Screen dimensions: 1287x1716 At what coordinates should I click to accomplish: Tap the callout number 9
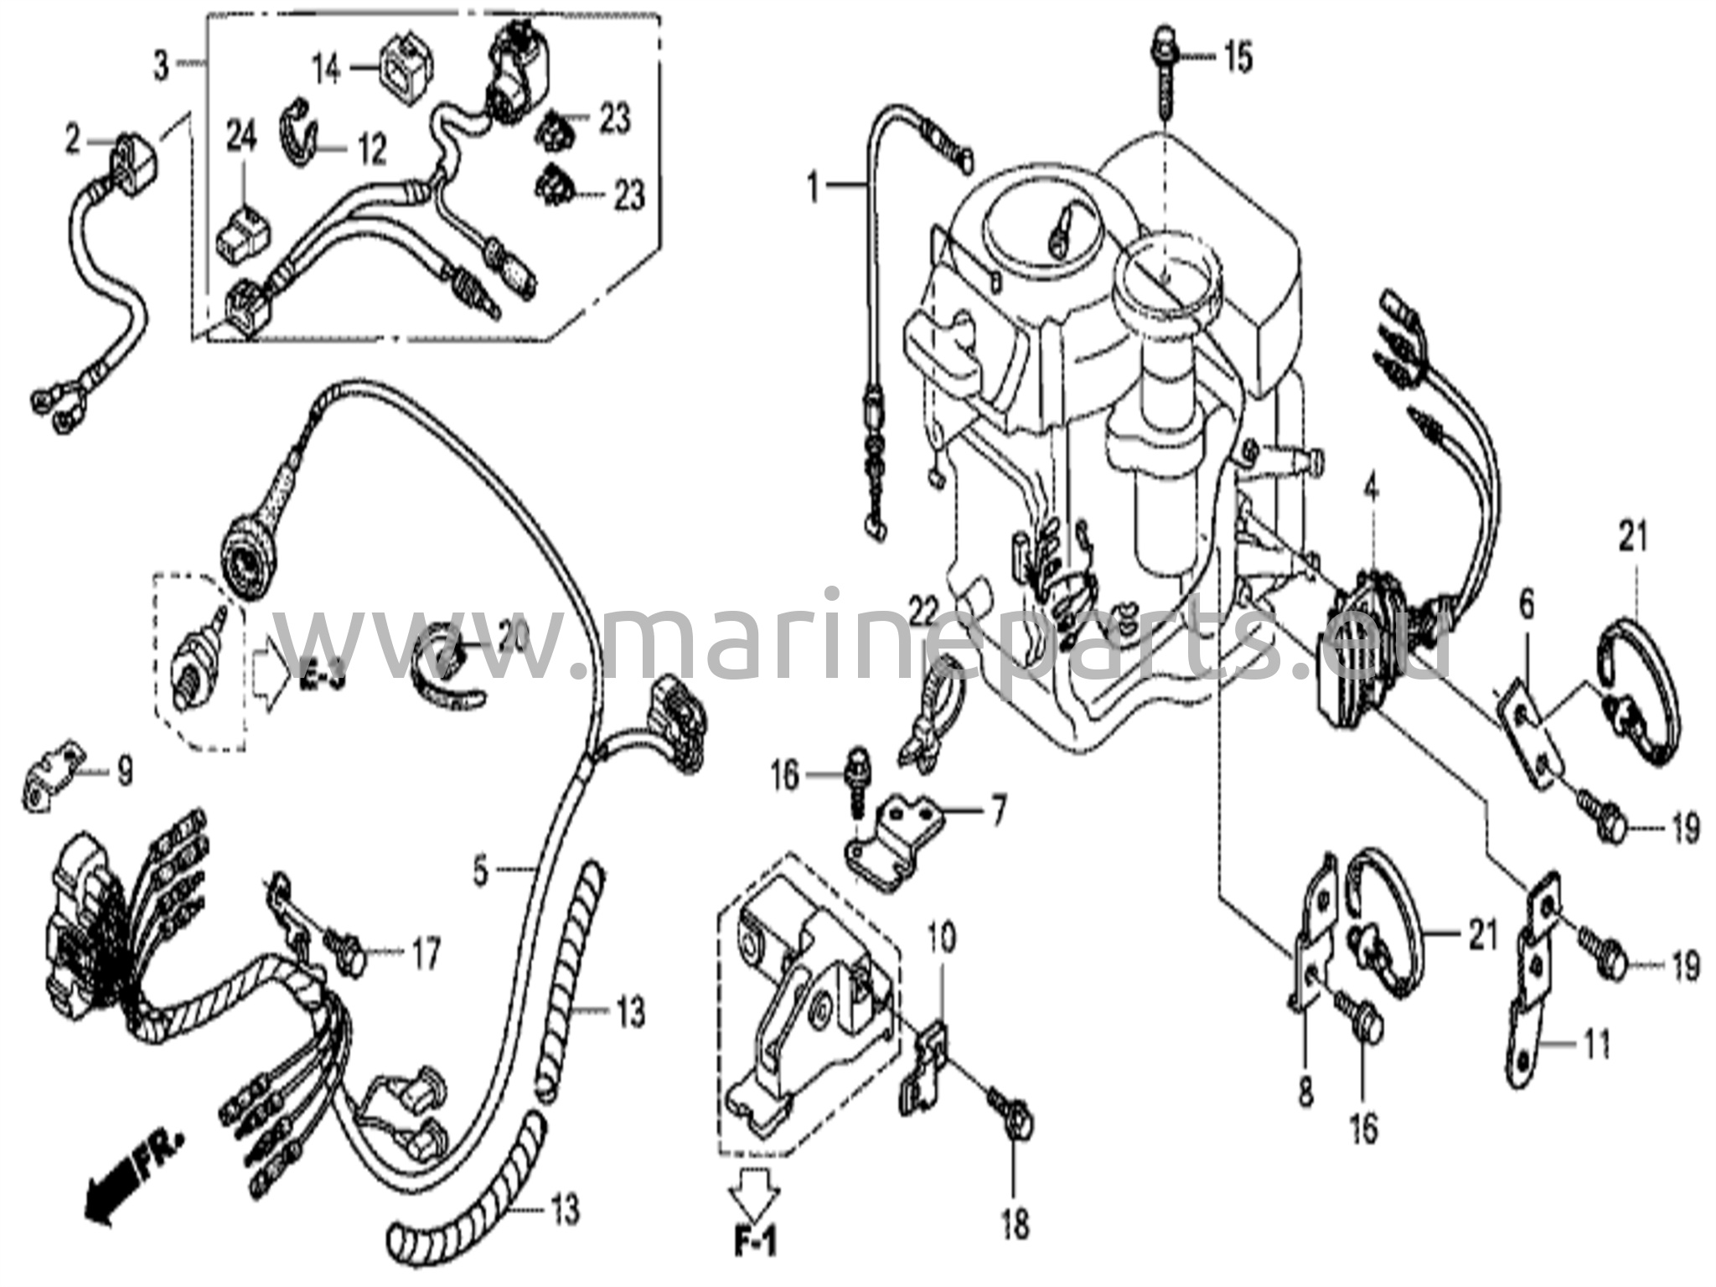coord(123,772)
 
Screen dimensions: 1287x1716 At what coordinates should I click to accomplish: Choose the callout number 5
coord(480,871)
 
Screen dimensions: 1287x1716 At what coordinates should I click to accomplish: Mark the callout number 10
coord(942,939)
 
